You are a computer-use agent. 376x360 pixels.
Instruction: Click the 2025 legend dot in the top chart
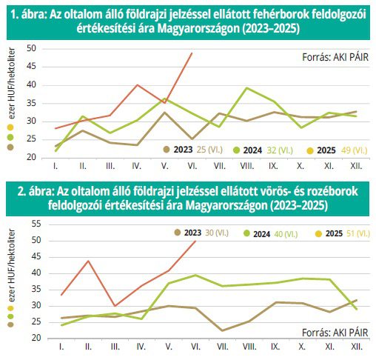click(x=310, y=150)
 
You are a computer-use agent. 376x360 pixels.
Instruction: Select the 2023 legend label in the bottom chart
click(x=192, y=233)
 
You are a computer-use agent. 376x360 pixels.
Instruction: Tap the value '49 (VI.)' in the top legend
click(x=355, y=150)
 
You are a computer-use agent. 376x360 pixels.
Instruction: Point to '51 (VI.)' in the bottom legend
click(x=358, y=233)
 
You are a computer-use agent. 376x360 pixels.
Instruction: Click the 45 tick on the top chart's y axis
click(x=31, y=67)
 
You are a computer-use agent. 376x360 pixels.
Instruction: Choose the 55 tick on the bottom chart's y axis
click(x=36, y=224)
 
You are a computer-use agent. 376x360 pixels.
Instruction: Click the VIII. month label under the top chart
click(x=247, y=166)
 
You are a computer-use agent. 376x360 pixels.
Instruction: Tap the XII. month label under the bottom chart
click(x=357, y=347)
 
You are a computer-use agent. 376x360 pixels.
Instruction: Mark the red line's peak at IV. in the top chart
click(x=137, y=85)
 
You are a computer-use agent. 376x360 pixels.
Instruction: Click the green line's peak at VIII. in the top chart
click(x=246, y=88)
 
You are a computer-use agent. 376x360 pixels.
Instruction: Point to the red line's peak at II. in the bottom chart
click(x=88, y=261)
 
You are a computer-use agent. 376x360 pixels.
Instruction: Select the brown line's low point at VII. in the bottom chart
click(x=222, y=330)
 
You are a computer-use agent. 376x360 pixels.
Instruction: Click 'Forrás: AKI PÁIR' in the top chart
click(x=335, y=57)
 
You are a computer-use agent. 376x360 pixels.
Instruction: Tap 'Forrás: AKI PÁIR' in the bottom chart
click(x=335, y=333)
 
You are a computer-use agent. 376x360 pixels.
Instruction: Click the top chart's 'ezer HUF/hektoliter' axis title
click(x=11, y=84)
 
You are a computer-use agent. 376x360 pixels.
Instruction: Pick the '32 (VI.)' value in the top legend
click(x=280, y=150)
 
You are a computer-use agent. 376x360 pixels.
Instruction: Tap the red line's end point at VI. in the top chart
click(x=192, y=53)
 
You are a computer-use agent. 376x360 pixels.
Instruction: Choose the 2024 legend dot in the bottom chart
click(x=246, y=233)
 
